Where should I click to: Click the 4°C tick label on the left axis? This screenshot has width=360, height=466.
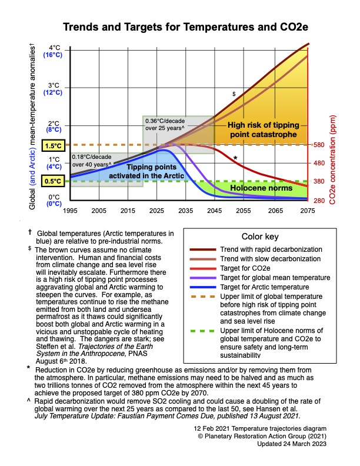pyautogui.click(x=54, y=48)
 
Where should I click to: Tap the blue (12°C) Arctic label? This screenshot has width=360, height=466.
pyautogui.click(x=54, y=92)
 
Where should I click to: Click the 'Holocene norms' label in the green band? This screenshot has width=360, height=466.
pyautogui.click(x=261, y=188)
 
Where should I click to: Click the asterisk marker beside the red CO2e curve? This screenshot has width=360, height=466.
pyautogui.click(x=235, y=158)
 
